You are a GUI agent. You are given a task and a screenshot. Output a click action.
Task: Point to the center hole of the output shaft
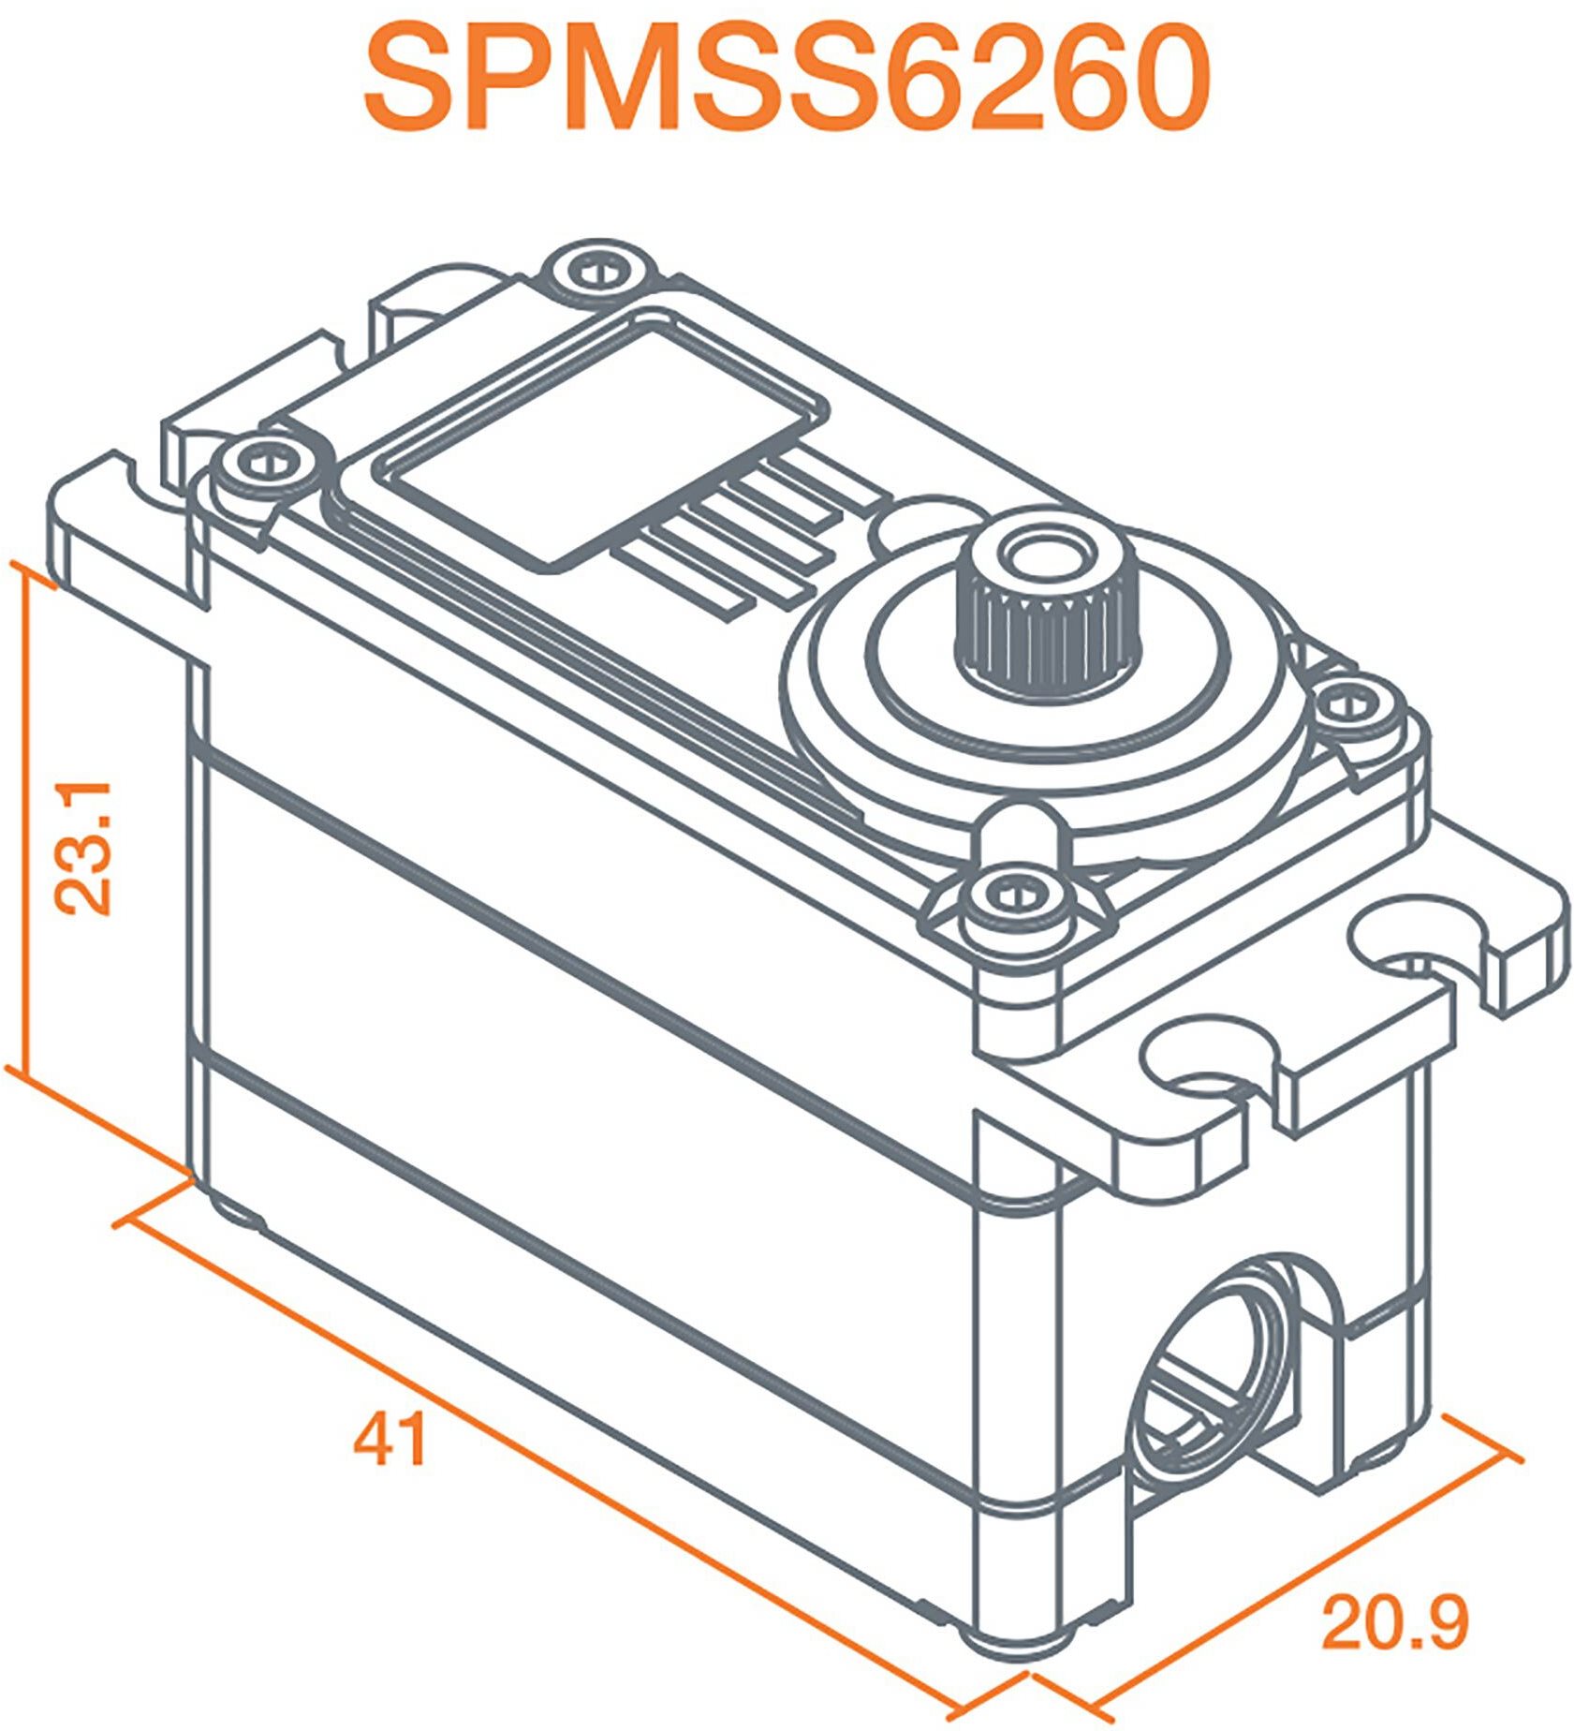(x=1048, y=553)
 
